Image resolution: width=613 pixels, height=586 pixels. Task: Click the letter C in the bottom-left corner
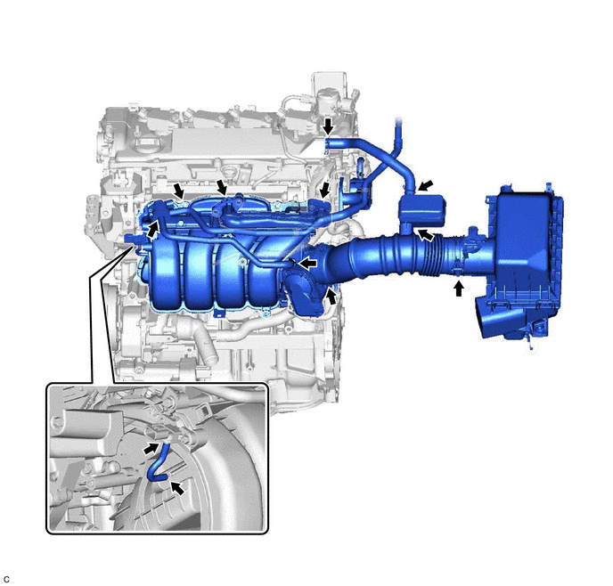[x=6, y=580]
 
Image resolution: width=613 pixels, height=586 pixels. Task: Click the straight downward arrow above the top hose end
[x=329, y=126]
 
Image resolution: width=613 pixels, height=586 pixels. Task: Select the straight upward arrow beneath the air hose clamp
[x=459, y=289]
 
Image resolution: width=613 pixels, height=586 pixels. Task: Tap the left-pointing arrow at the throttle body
[x=308, y=264]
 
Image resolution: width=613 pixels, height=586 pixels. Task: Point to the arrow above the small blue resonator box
[x=426, y=184]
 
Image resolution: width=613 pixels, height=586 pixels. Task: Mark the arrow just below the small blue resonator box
[x=426, y=235]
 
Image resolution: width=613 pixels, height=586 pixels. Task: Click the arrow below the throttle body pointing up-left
[x=331, y=297]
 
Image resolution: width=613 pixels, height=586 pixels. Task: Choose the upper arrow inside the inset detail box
[x=151, y=448]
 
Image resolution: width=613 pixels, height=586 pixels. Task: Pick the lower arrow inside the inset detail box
[x=177, y=487]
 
